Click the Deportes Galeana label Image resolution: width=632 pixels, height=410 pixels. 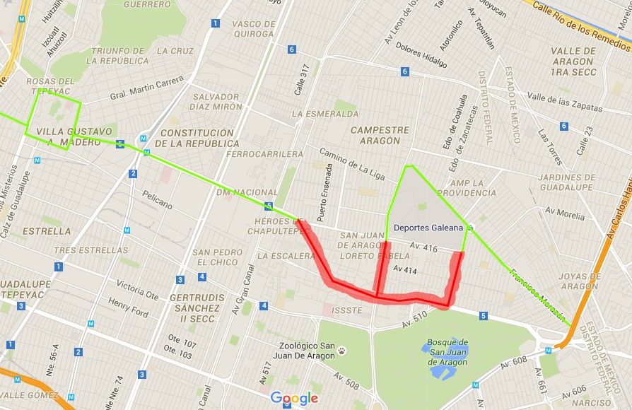pyautogui.click(x=428, y=228)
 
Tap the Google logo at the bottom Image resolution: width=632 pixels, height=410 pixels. pyautogui.click(x=294, y=399)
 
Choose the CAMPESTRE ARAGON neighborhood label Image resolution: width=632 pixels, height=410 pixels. pyautogui.click(x=380, y=135)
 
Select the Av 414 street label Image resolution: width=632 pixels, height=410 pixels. pyautogui.click(x=406, y=269)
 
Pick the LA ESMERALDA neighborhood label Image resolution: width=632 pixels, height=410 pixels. pyautogui.click(x=324, y=113)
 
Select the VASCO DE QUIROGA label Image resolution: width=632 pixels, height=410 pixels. pyautogui.click(x=253, y=29)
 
